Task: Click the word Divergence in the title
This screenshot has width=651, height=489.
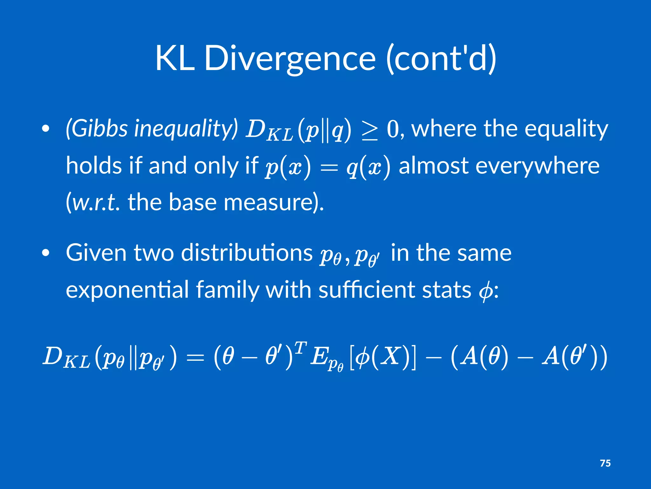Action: coord(290,59)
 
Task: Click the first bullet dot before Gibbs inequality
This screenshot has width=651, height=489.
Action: coord(46,129)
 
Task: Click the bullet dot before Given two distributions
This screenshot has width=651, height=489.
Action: coord(46,252)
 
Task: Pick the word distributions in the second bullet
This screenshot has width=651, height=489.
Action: coord(247,252)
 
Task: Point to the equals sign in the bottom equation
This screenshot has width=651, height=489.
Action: coord(195,357)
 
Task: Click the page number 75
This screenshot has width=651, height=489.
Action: coord(605,463)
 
